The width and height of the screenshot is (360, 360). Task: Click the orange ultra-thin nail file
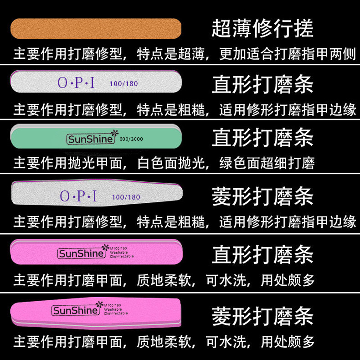point(96,29)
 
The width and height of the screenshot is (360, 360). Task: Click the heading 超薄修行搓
point(262,28)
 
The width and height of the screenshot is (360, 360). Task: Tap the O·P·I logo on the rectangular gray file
point(77,83)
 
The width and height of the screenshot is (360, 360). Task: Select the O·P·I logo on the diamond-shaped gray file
point(79,196)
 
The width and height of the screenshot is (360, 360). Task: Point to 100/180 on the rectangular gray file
point(123,84)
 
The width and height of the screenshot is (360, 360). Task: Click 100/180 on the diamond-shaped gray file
point(126,197)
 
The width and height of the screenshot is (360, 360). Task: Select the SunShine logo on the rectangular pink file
point(80,253)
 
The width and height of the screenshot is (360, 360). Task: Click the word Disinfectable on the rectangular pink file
point(122,257)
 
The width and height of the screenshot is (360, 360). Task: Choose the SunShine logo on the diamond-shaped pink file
point(75,311)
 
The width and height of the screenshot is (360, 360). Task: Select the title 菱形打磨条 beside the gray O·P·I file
point(262,197)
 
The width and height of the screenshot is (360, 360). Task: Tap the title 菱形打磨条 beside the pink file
point(262,316)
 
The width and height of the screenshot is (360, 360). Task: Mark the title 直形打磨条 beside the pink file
point(262,254)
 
